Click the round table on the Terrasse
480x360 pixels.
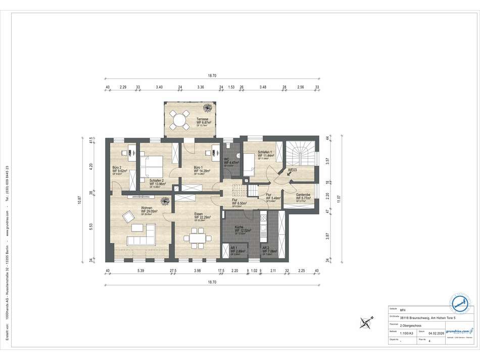click(x=178, y=120)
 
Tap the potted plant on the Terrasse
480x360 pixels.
click(x=207, y=108)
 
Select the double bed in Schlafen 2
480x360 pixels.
click(x=153, y=165)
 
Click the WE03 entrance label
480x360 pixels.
click(x=292, y=170)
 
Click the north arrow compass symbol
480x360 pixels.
click(x=366, y=321)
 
